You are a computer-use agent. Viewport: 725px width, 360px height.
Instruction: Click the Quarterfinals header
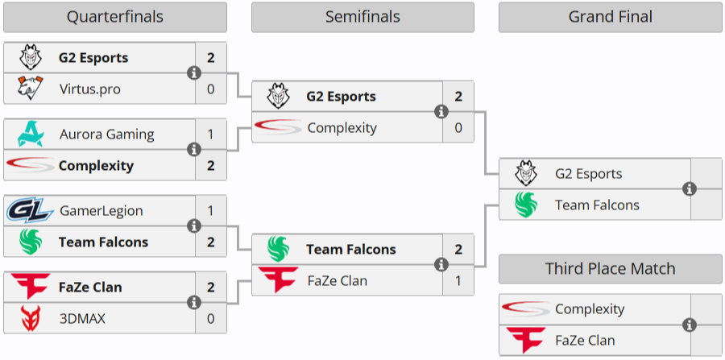[x=114, y=17]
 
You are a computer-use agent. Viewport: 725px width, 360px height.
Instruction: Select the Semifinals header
[x=362, y=17]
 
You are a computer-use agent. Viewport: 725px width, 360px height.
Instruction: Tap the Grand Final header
[x=610, y=17]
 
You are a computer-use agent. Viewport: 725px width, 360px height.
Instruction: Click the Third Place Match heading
[x=610, y=269]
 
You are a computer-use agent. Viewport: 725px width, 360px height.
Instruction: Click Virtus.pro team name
[x=89, y=89]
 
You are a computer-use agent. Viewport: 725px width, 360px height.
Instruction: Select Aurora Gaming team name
[x=106, y=134]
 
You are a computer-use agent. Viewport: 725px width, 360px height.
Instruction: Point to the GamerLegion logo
[x=30, y=211]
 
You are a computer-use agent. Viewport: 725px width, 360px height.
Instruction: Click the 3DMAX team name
[x=82, y=318]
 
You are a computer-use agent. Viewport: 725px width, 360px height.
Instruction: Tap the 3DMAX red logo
[x=30, y=318]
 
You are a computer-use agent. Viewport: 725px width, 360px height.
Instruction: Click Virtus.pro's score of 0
[x=211, y=89]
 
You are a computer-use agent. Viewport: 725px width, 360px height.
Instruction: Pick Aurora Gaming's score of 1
[x=211, y=134]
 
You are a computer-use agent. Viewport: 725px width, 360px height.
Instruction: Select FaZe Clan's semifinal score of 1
[x=458, y=280]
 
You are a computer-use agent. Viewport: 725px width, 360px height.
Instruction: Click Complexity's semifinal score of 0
[x=458, y=127]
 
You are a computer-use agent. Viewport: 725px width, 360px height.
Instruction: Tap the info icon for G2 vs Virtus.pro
[x=193, y=73]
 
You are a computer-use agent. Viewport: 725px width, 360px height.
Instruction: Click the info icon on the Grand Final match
[x=689, y=189]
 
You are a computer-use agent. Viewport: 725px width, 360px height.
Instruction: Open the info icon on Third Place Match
[x=689, y=325]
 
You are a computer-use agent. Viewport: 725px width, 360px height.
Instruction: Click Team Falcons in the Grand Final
[x=597, y=205]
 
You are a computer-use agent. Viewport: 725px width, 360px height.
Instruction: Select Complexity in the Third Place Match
[x=590, y=309]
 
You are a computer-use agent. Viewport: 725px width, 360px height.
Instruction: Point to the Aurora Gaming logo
[x=30, y=134]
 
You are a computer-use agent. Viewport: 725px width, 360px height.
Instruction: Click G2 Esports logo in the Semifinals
[x=278, y=97]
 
